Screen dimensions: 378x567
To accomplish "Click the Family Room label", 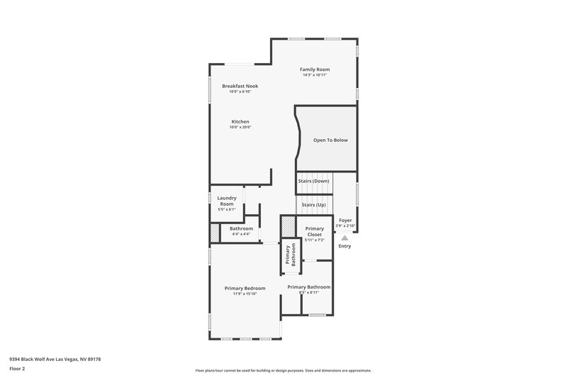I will click(315, 70).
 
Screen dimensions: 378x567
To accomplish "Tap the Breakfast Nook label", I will click(240, 86).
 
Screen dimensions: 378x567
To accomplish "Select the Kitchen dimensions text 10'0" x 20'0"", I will click(240, 128).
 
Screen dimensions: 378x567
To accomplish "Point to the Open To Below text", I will click(330, 140).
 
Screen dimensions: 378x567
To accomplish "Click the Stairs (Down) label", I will click(313, 181).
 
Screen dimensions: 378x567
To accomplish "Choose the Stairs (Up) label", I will click(313, 204).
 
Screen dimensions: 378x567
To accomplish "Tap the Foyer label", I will click(345, 221).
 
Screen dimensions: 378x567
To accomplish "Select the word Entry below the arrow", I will click(345, 246).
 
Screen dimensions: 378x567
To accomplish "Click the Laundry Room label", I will click(226, 201).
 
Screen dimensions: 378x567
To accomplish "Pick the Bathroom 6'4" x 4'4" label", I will click(241, 228).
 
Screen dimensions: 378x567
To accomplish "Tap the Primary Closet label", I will click(314, 231).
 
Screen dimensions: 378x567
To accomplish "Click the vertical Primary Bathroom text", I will click(288, 255).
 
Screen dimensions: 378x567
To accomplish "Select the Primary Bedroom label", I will click(245, 288).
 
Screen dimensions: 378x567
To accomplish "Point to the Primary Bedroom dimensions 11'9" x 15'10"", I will click(245, 294).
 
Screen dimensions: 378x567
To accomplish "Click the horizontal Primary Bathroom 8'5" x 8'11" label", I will click(308, 287).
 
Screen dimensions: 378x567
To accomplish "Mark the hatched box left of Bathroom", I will click(215, 233).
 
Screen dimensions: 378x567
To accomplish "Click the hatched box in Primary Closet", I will click(287, 226).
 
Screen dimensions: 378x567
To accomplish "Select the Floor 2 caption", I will click(17, 369).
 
